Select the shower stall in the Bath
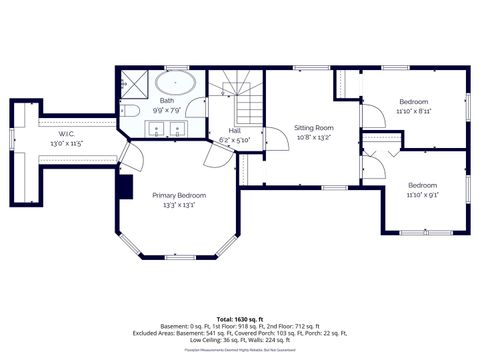tap(133, 83)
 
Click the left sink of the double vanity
tap(155, 128)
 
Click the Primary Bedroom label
tap(179, 195)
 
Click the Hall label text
tap(234, 130)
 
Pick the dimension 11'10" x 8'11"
tap(414, 112)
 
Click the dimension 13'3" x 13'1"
tap(179, 205)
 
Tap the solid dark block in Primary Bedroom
tap(124, 185)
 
